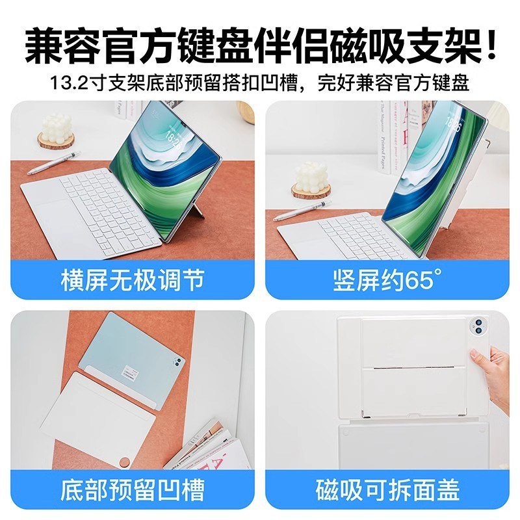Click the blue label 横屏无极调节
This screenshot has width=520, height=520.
pyautogui.click(x=133, y=281)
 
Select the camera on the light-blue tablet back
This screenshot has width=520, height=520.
pyautogui.click(x=175, y=360)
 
